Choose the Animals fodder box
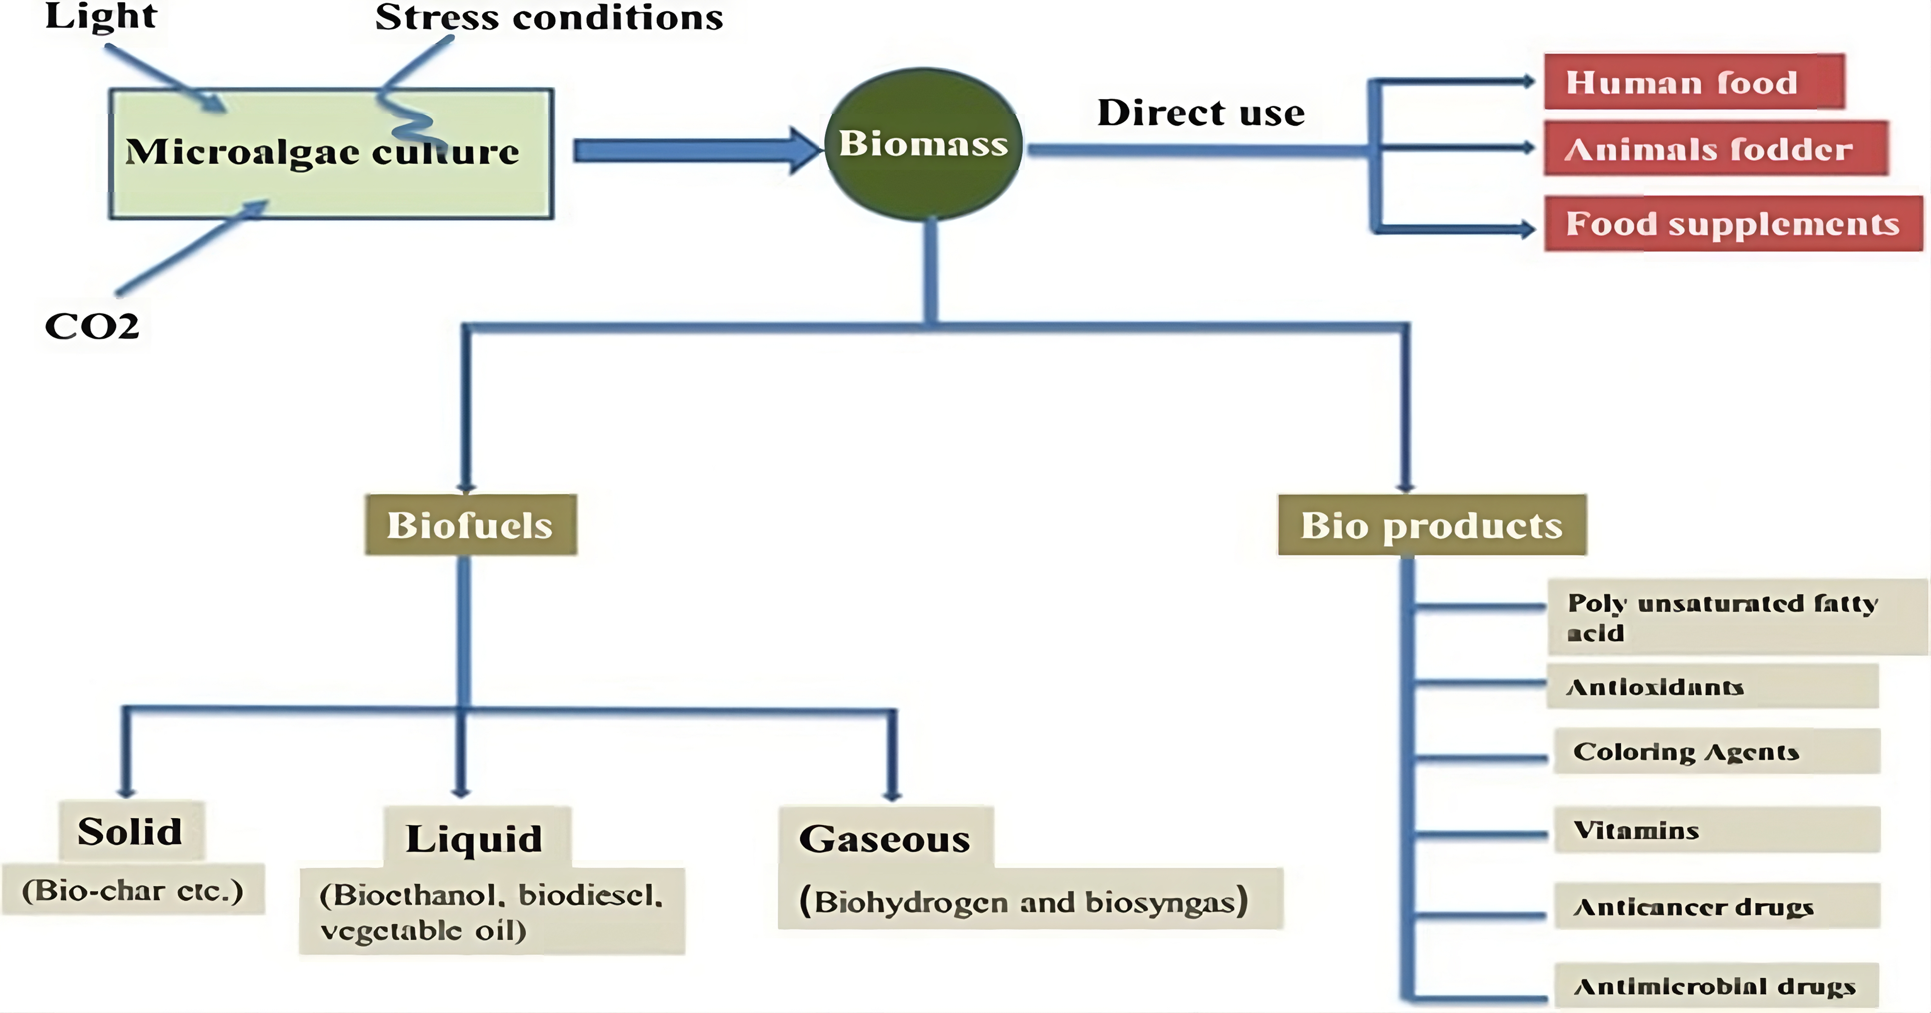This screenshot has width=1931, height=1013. pyautogui.click(x=1715, y=148)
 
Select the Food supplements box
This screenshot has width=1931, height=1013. pyautogui.click(x=1733, y=224)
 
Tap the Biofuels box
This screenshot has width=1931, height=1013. pyautogui.click(x=470, y=525)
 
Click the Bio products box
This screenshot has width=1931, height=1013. pyautogui.click(x=1432, y=525)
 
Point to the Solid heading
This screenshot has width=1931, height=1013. pyautogui.click(x=130, y=831)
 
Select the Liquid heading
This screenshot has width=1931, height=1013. pyautogui.click(x=475, y=838)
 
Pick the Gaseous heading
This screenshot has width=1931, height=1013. pyautogui.click(x=884, y=838)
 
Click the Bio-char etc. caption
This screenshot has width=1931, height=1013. pyautogui.click(x=133, y=890)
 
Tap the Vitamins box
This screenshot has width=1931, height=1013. pyautogui.click(x=1717, y=830)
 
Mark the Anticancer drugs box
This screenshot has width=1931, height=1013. pyautogui.click(x=1717, y=906)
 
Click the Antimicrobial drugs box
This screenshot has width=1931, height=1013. pyautogui.click(x=1717, y=985)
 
